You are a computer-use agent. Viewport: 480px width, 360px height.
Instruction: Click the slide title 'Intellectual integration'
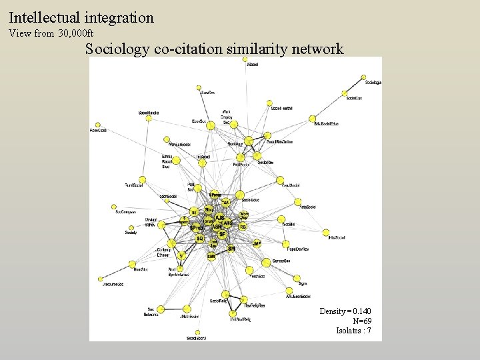(x=81, y=17)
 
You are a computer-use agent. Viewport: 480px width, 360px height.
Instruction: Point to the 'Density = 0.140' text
(x=345, y=311)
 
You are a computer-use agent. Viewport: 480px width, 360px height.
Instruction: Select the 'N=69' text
(x=362, y=321)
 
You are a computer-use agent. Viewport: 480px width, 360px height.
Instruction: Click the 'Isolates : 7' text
(x=353, y=331)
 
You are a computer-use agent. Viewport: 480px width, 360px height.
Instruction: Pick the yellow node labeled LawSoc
(x=199, y=88)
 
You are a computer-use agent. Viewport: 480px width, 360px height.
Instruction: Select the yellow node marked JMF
(x=257, y=244)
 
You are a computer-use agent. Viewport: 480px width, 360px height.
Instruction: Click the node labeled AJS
(x=219, y=217)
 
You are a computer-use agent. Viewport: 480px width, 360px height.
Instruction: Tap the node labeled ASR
(x=217, y=227)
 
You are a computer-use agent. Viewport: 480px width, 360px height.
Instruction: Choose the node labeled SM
(x=231, y=249)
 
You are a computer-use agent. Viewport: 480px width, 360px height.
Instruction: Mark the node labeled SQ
(x=200, y=238)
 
